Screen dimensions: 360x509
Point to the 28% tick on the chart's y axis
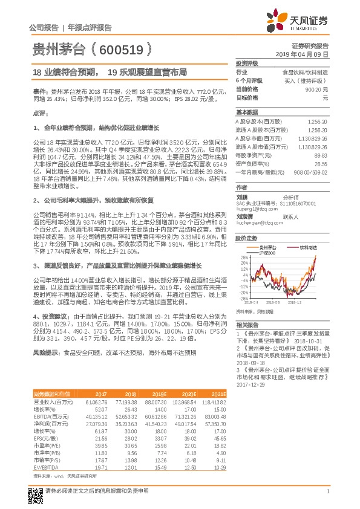[x=243, y=258]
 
